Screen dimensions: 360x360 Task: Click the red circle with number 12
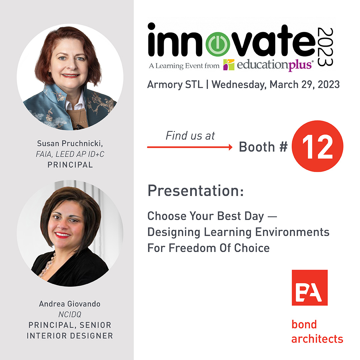317,146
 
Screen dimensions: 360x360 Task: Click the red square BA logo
309,288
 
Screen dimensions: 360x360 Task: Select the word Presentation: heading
196,191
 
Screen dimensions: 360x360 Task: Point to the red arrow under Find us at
190,147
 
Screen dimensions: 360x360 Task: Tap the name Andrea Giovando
70,304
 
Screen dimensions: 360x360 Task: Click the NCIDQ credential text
70,314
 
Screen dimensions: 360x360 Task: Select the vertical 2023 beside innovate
325,47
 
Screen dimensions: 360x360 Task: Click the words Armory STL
175,84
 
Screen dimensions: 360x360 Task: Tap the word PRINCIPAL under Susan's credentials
70,165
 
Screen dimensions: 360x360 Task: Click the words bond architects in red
317,332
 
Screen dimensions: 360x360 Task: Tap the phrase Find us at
190,136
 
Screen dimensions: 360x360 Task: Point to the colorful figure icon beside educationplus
229,65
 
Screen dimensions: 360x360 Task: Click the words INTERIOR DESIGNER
70,335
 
